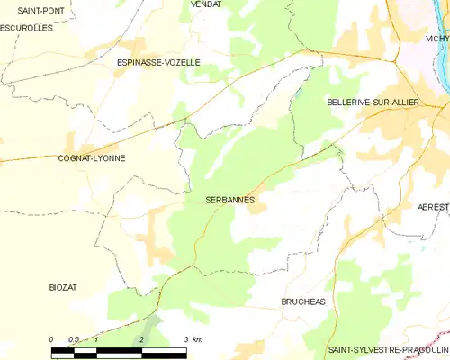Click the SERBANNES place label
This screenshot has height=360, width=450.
(230, 199)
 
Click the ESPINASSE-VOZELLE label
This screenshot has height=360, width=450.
(158, 62)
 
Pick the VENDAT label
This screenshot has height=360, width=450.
(206, 4)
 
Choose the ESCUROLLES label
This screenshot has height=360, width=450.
(26, 28)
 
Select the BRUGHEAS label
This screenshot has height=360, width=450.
(301, 302)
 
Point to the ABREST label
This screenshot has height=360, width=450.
(432, 206)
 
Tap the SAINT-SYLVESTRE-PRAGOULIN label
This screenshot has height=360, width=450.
(388, 348)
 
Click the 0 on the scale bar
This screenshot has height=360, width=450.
(51, 338)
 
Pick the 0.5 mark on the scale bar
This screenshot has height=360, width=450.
(73, 338)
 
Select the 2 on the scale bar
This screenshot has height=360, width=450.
(141, 338)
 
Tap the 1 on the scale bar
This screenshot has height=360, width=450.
(96, 338)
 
